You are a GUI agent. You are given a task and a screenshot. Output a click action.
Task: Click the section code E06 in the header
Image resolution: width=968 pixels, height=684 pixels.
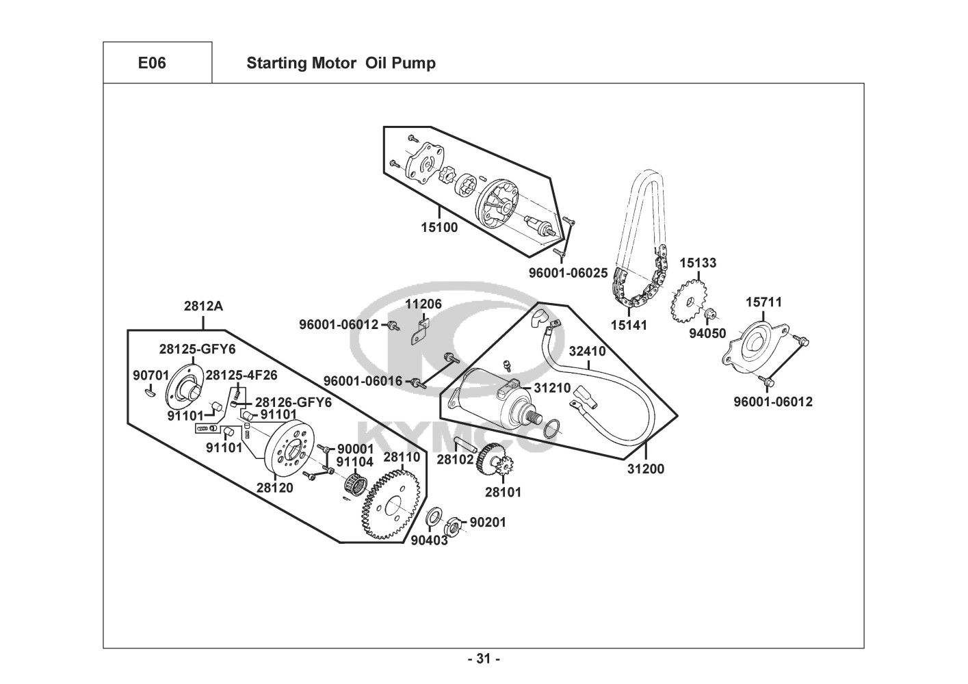(152, 64)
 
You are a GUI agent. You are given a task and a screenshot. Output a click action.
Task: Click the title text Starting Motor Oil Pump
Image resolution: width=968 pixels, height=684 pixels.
(341, 64)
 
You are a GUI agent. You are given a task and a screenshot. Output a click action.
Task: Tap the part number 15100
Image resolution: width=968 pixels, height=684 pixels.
(439, 228)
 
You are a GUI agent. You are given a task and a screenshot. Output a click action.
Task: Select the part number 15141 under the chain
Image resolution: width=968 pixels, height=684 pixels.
(629, 326)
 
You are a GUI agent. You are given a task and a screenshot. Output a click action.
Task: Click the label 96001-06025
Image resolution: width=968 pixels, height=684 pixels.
(568, 273)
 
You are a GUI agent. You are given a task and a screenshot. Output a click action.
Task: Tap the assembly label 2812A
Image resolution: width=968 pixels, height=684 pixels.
(203, 306)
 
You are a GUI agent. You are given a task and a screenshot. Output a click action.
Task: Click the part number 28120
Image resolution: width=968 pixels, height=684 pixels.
(275, 488)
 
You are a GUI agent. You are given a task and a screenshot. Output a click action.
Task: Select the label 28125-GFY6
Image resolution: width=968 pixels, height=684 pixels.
(197, 350)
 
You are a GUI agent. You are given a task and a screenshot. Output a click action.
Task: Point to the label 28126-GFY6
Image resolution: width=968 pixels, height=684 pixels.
(293, 403)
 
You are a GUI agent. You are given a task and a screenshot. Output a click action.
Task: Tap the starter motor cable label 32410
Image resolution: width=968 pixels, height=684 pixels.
(587, 352)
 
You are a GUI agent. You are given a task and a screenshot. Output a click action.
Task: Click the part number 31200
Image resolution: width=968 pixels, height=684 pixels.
(646, 469)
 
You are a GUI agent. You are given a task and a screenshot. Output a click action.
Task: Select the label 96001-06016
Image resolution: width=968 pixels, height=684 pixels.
(363, 381)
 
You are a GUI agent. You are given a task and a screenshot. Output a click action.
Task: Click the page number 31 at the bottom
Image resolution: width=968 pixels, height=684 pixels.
(484, 659)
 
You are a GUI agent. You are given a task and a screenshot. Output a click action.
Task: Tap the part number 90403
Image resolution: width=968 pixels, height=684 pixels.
(429, 540)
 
